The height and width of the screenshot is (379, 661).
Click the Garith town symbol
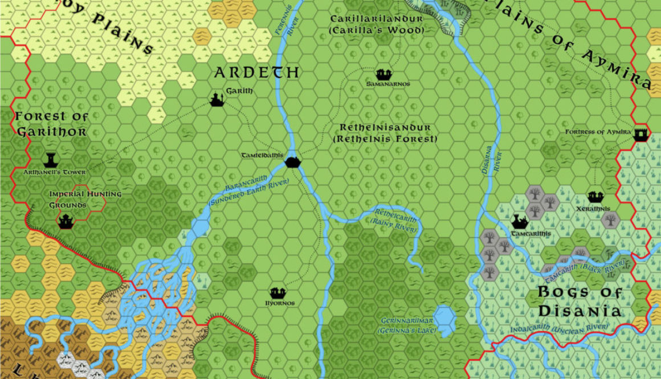coord(217,100)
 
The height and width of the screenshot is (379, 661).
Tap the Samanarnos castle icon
coord(383,74)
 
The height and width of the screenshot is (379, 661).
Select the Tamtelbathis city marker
coord(292,162)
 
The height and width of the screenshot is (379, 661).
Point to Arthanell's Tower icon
coord(51,160)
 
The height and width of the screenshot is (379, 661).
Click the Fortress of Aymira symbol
coord(641,133)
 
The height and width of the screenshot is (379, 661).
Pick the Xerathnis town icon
coord(595,197)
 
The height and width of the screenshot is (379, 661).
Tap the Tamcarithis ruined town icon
coord(519,221)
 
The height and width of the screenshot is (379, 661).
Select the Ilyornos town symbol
coord(278,294)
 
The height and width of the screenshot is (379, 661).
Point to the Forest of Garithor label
coord(52,124)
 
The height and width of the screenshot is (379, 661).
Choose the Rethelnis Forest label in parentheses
coord(385,139)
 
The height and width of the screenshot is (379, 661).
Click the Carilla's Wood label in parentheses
coord(385,30)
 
